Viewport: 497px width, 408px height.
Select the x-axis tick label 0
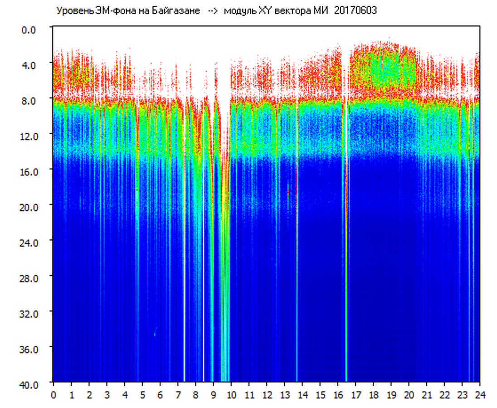[x=54, y=395]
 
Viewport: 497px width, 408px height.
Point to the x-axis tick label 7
[x=178, y=395]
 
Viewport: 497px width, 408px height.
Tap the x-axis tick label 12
[x=267, y=395]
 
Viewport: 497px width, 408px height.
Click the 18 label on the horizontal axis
[x=373, y=395]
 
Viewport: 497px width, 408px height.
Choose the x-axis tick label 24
[x=480, y=395]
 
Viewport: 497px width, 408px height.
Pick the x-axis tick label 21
[x=427, y=395]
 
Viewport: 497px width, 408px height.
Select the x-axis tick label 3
[x=107, y=395]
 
